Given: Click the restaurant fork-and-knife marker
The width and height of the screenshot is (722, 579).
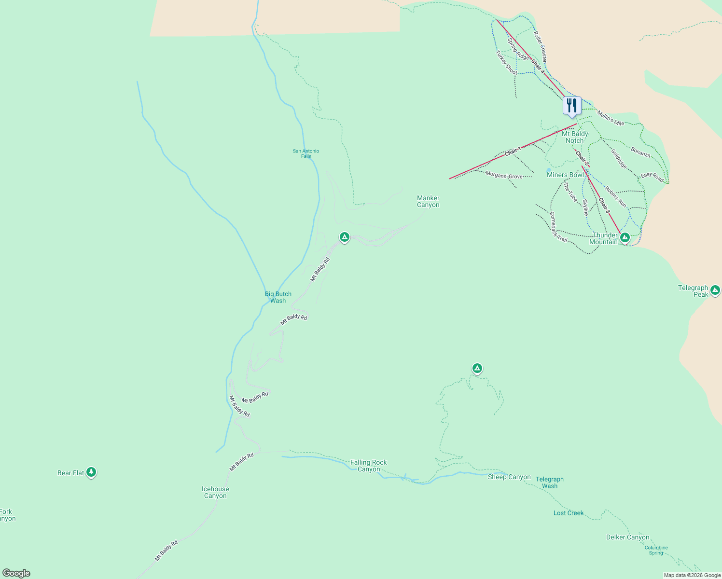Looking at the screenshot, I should [x=572, y=106].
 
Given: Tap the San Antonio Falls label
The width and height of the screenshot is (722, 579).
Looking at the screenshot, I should [x=306, y=153].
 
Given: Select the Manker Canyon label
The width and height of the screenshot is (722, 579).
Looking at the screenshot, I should [x=428, y=201].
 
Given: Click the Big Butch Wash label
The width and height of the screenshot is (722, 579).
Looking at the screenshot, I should [x=278, y=297].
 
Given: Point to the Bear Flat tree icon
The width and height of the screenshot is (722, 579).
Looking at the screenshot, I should [x=91, y=472].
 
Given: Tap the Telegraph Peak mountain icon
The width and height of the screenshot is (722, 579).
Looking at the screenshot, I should [x=715, y=290].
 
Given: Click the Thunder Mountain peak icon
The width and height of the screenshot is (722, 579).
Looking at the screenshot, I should [x=625, y=237].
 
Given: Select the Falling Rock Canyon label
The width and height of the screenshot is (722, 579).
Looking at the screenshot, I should [x=369, y=466].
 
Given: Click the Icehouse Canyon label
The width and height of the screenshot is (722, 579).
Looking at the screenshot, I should [x=215, y=492].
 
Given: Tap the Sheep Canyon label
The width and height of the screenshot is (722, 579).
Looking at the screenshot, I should [x=509, y=477].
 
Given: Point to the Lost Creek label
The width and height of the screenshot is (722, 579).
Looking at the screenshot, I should [x=569, y=513].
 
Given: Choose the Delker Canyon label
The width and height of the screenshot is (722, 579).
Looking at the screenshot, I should [x=628, y=537].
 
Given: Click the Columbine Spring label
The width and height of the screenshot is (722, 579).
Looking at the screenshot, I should [x=656, y=550].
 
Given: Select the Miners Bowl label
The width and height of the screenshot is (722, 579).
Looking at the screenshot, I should [x=565, y=175].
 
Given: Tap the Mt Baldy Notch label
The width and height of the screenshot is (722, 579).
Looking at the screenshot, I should [x=575, y=137].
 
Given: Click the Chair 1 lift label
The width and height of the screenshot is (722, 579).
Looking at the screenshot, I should [x=513, y=151].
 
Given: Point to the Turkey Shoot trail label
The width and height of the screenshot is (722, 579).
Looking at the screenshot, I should [x=507, y=63].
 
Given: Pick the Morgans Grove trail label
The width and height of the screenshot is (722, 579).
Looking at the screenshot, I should [x=504, y=176].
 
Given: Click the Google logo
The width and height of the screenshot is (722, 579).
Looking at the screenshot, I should [x=16, y=573].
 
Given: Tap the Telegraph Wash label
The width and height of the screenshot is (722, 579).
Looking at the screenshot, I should [x=550, y=482].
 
